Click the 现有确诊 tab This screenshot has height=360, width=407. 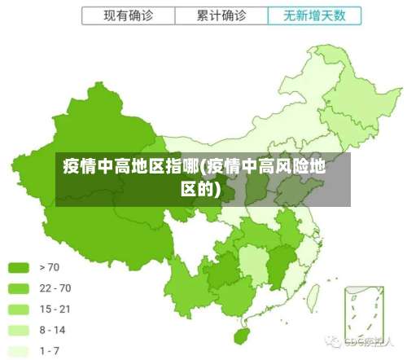click(x=128, y=15)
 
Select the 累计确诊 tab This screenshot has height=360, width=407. click(x=221, y=15)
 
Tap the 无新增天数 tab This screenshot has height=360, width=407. click(x=314, y=15)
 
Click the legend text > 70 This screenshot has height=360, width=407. click(x=50, y=267)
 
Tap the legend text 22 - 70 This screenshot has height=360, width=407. click(x=55, y=288)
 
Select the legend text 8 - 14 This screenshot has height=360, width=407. click(x=53, y=331)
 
